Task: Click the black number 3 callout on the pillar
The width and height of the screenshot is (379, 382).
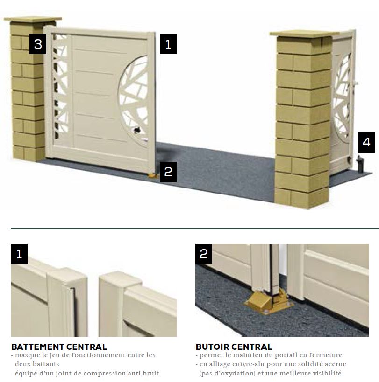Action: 38,44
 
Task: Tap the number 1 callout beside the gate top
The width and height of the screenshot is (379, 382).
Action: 168,44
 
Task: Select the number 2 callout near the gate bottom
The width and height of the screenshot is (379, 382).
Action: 168,172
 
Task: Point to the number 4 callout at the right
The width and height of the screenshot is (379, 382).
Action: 366,142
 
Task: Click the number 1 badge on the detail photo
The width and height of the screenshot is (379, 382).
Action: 19,254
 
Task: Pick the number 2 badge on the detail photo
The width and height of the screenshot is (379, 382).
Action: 204,254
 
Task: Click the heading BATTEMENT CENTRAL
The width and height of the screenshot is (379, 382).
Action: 59,347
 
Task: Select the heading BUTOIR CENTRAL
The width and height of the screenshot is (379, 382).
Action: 234,347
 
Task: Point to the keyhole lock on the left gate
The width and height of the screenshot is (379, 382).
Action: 137,131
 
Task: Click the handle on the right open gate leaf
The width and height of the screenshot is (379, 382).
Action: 355,84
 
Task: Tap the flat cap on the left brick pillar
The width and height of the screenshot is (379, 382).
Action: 33,19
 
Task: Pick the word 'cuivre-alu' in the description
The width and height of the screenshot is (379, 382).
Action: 246,364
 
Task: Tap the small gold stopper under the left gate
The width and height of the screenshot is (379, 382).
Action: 152,175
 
